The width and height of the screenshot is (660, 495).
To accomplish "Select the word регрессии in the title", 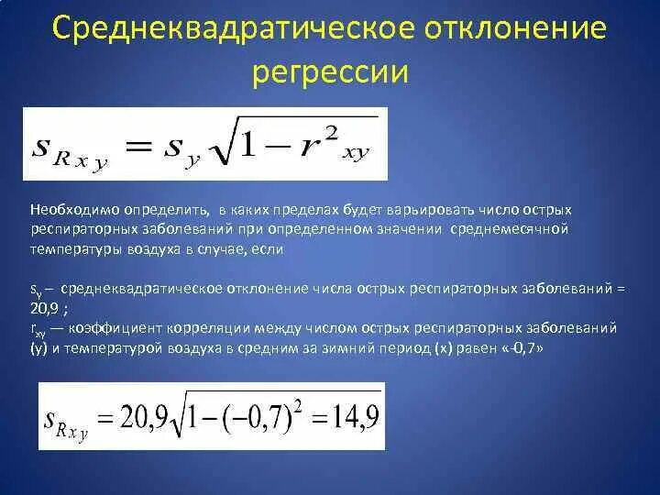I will [329, 72].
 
